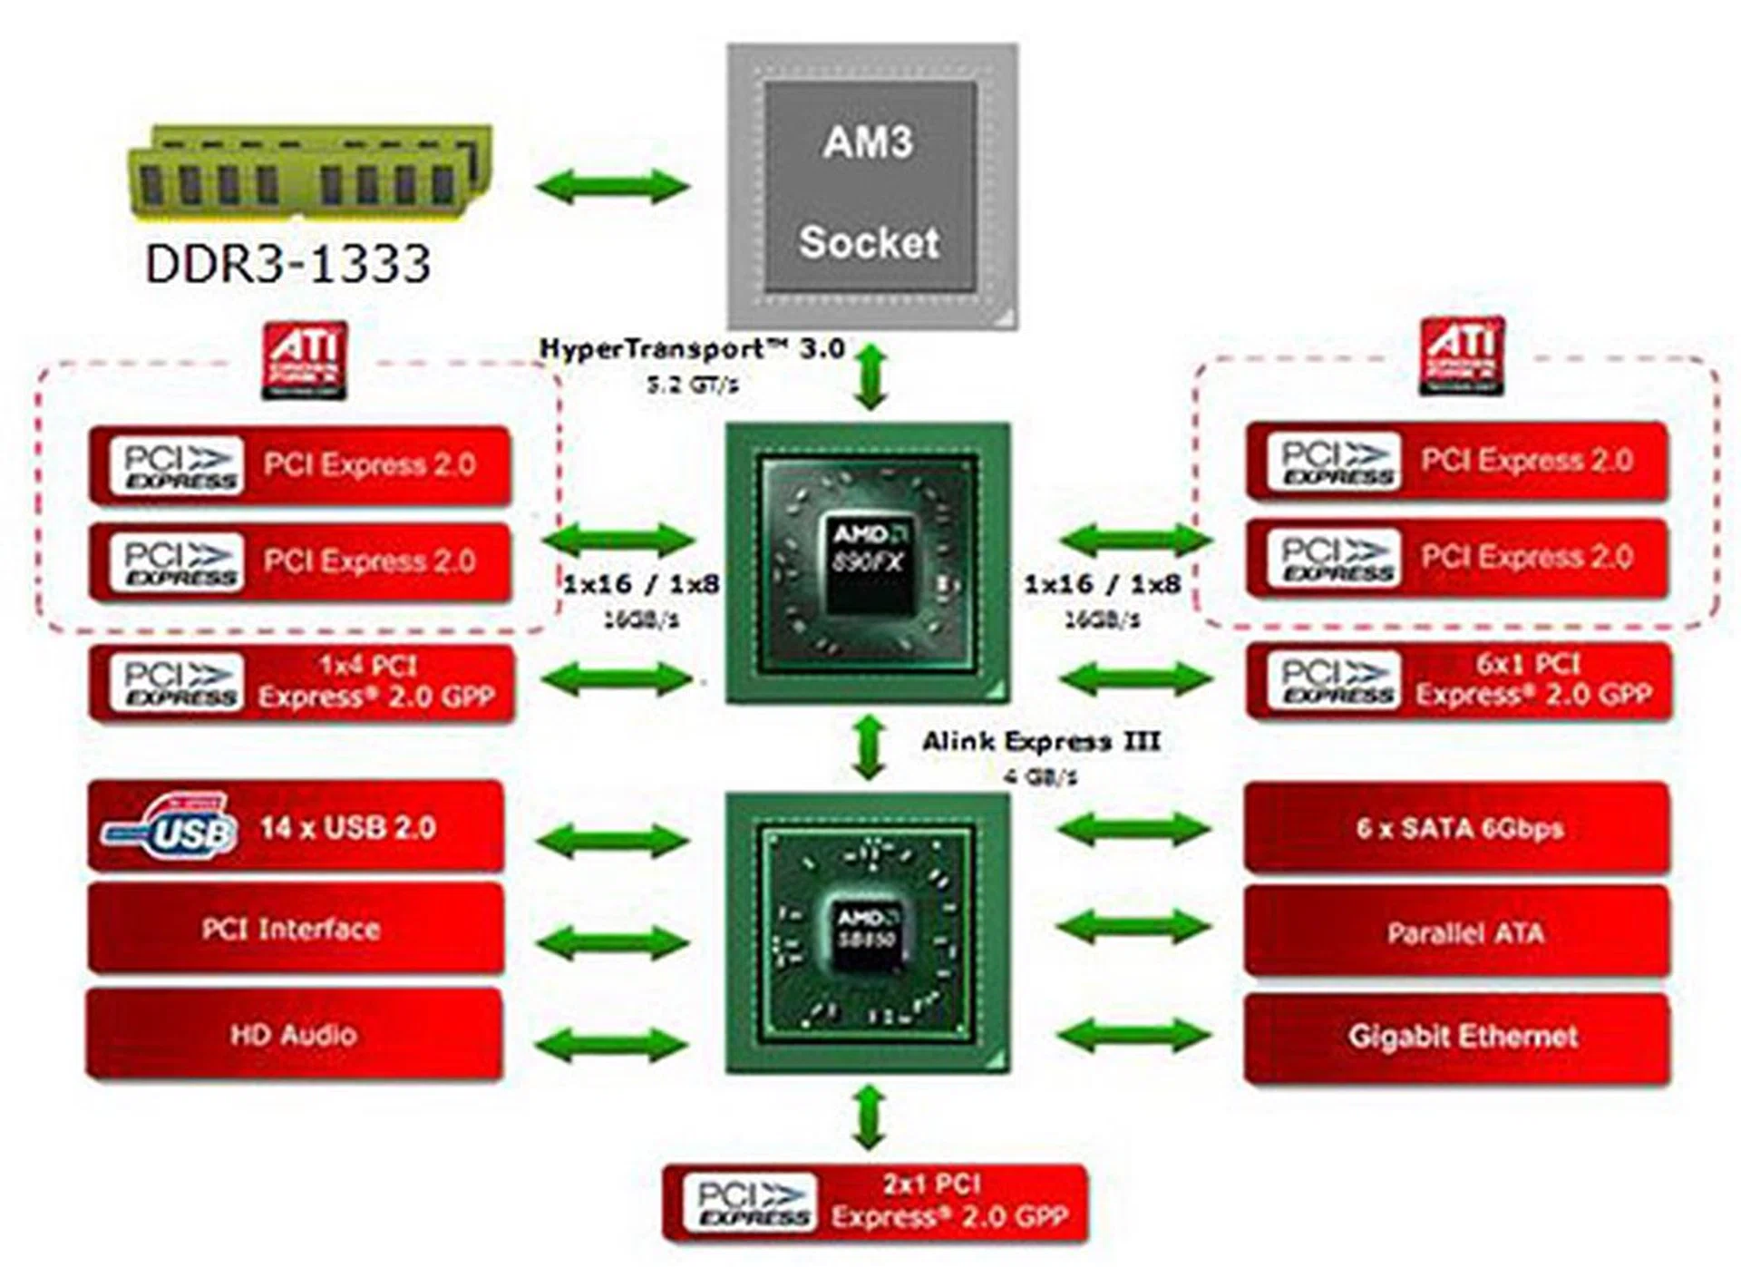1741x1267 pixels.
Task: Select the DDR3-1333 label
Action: click(x=287, y=264)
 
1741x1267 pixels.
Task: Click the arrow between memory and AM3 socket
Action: click(x=613, y=187)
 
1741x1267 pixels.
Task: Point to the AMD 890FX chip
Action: click(x=868, y=562)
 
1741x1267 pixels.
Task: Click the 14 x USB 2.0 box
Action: click(x=296, y=826)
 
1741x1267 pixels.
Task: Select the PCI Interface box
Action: click(x=296, y=929)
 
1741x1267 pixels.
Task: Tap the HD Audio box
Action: click(x=294, y=1035)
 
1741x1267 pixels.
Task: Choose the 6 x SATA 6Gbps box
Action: click(x=1457, y=828)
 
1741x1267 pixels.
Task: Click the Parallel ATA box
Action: click(x=1457, y=932)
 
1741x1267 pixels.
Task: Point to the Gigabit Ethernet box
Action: click(x=1457, y=1037)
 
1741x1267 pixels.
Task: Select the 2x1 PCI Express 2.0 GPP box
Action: click(x=875, y=1202)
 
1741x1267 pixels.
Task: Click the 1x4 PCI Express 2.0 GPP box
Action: click(x=301, y=683)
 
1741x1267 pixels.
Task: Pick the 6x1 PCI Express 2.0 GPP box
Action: click(x=1458, y=680)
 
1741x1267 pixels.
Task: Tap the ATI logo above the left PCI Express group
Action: click(x=305, y=360)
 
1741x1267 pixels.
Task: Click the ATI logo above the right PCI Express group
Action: click(x=1461, y=356)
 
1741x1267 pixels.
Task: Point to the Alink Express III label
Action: click(x=1041, y=742)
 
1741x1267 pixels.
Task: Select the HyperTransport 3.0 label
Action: click(x=692, y=349)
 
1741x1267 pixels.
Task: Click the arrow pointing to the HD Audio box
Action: click(x=613, y=1042)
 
